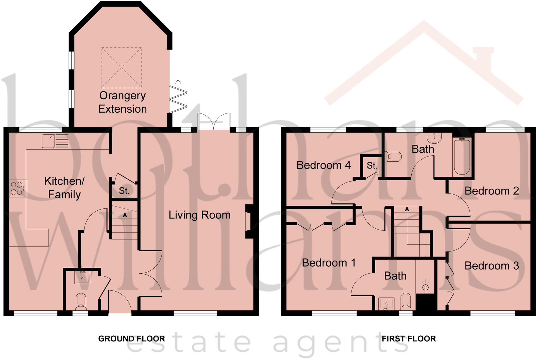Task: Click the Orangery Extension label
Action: (122, 102)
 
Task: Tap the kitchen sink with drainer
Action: (55, 141)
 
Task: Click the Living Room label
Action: (199, 215)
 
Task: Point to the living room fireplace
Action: (249, 221)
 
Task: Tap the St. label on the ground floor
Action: (124, 191)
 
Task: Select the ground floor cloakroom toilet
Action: (81, 302)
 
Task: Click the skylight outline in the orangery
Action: (121, 68)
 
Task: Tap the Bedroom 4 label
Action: (323, 165)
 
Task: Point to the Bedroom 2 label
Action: (492, 191)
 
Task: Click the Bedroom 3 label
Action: (492, 266)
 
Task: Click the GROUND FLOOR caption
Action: (131, 339)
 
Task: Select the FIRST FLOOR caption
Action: (409, 339)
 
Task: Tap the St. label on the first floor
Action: (372, 165)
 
